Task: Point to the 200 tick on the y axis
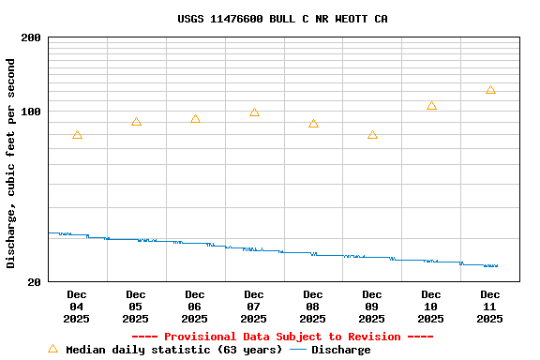click(x=31, y=37)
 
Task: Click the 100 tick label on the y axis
click(x=31, y=112)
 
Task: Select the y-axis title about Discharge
click(x=11, y=164)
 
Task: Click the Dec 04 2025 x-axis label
click(x=76, y=307)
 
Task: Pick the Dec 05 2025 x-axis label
click(x=135, y=307)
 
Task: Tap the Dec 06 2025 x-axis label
click(x=194, y=307)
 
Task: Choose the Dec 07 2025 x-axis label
click(x=253, y=307)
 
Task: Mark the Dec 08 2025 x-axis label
click(x=312, y=307)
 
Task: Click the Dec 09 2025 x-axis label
click(x=371, y=307)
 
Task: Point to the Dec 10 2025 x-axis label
click(x=430, y=307)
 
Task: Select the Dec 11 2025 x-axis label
click(x=489, y=307)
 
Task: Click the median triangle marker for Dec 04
click(x=77, y=135)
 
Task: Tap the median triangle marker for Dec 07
click(x=254, y=112)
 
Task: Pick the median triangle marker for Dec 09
click(x=372, y=135)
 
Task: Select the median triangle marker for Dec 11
click(x=490, y=90)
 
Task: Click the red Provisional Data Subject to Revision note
click(x=282, y=337)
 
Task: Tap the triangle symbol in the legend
click(x=52, y=349)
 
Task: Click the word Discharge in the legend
click(x=340, y=350)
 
